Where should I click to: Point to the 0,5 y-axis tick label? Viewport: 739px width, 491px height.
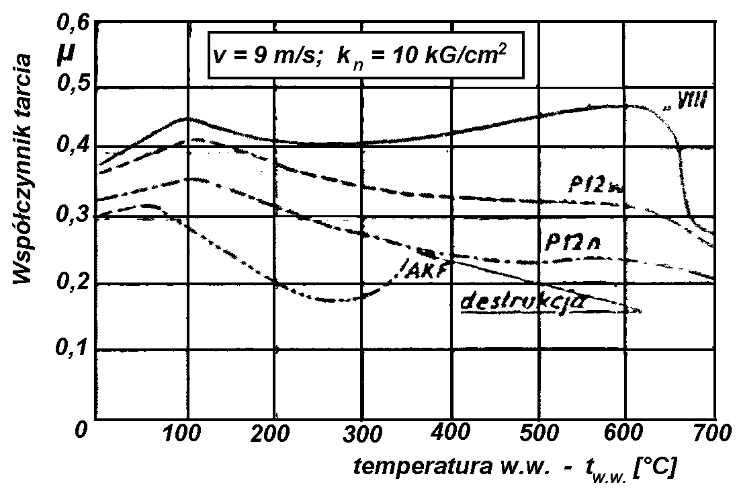71,87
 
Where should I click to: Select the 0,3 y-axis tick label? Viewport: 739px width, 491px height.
71,217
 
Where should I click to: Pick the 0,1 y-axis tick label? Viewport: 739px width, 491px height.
71,350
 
